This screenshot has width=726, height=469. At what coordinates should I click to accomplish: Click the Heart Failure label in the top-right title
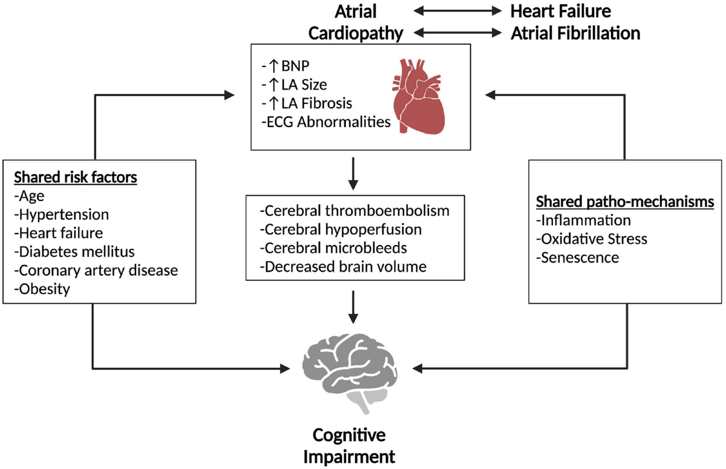[x=560, y=11]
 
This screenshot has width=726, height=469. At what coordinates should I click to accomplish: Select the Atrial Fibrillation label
[x=575, y=33]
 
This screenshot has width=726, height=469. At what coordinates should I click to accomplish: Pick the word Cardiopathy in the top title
[x=356, y=33]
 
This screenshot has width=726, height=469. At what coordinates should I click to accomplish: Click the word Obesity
[x=43, y=289]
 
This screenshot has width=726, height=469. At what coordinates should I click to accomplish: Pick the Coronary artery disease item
[x=96, y=271]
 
